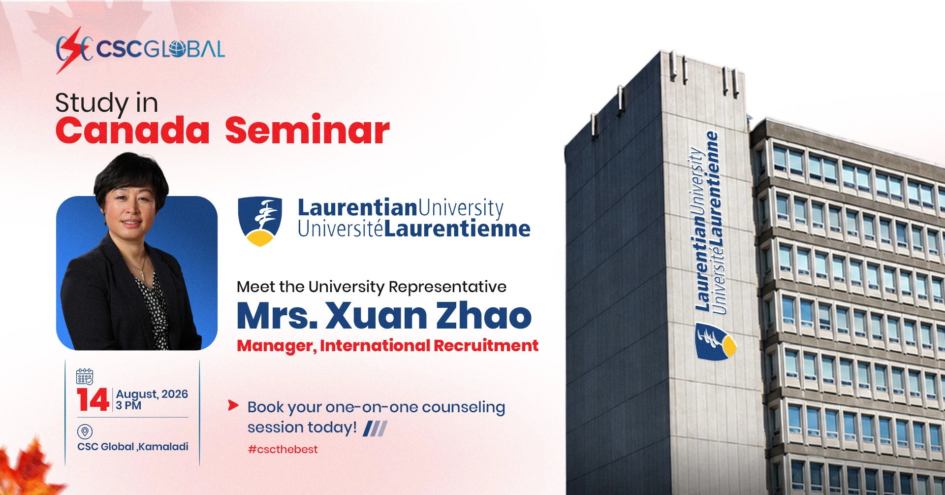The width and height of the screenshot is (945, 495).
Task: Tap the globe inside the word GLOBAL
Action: (x=177, y=49)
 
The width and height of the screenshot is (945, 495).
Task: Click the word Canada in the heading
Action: (x=132, y=131)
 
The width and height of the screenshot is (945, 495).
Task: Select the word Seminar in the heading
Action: (x=308, y=130)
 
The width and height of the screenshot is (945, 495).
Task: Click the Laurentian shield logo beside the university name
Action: (x=260, y=221)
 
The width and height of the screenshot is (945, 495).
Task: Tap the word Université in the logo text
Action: (x=340, y=229)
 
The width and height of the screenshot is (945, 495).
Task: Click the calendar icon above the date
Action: (x=85, y=376)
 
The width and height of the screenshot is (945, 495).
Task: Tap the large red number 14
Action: (x=93, y=400)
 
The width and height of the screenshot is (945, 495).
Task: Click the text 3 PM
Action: (x=128, y=405)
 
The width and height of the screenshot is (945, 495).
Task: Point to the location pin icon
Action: (x=85, y=432)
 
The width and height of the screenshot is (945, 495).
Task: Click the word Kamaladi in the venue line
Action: (x=163, y=447)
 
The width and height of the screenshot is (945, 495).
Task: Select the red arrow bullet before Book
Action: (x=233, y=405)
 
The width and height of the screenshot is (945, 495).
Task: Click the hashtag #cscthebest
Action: (x=283, y=449)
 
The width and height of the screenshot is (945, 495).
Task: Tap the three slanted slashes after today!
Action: (x=375, y=429)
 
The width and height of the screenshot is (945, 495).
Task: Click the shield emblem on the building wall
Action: (x=715, y=341)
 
